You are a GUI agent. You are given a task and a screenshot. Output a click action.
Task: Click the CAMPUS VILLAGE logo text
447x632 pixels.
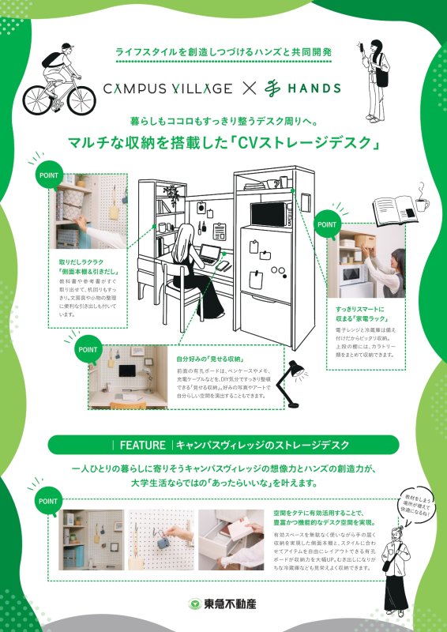tap(167, 88)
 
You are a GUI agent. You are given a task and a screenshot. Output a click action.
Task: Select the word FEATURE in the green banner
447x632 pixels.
tap(143, 445)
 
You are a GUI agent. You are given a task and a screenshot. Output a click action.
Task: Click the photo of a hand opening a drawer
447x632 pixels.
tap(231, 540)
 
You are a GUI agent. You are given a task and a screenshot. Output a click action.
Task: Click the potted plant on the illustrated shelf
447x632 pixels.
tap(168, 192)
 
